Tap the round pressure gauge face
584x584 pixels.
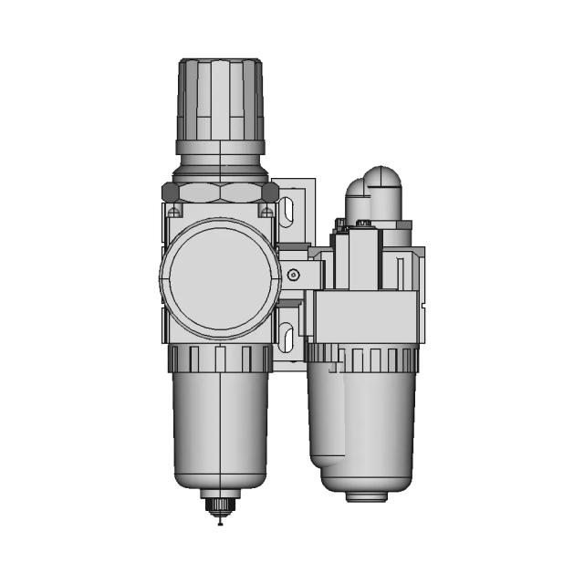pyautogui.click(x=219, y=277)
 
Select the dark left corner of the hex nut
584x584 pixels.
pyautogui.click(x=169, y=193)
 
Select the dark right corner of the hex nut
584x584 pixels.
pyautogui.click(x=270, y=193)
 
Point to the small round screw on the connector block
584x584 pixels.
pyautogui.click(x=293, y=275)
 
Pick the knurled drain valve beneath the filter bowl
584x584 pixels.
pyautogui.click(x=220, y=504)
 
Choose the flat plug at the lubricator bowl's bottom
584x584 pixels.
pyautogui.click(x=368, y=496)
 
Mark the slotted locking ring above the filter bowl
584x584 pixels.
pyautogui.click(x=219, y=359)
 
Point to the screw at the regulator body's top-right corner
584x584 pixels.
pyautogui.click(x=266, y=212)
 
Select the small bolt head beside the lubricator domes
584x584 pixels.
pyautogui.click(x=341, y=224)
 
